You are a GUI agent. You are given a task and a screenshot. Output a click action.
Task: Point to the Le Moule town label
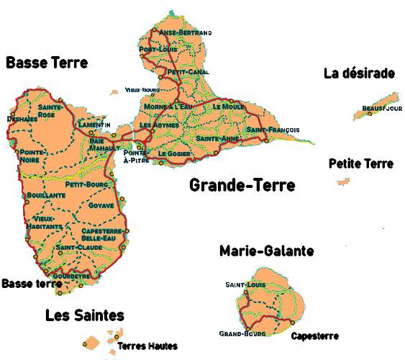click(229, 106)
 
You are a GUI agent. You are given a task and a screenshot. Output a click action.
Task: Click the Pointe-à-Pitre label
click(136, 158)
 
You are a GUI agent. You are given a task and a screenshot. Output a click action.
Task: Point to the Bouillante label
click(46, 195)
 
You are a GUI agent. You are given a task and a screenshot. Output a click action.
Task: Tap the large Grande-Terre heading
click(242, 186)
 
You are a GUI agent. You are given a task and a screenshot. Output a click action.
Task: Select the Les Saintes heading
click(84, 315)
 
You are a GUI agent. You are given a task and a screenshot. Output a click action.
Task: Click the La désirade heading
click(360, 73)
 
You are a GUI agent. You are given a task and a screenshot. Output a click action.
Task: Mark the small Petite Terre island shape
click(342, 182)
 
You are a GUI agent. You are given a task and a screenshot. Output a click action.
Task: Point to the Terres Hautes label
click(147, 346)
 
